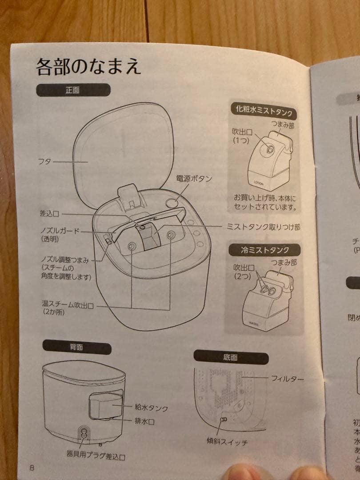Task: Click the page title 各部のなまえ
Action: [88, 67]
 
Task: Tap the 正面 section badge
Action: [73, 90]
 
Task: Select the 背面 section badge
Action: [76, 347]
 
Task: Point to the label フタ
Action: [45, 163]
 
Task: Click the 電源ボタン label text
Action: [194, 179]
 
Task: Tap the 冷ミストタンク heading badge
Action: [264, 250]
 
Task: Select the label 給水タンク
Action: [151, 407]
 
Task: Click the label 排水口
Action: [144, 421]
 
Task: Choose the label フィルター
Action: [288, 379]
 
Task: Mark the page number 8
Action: [32, 468]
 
